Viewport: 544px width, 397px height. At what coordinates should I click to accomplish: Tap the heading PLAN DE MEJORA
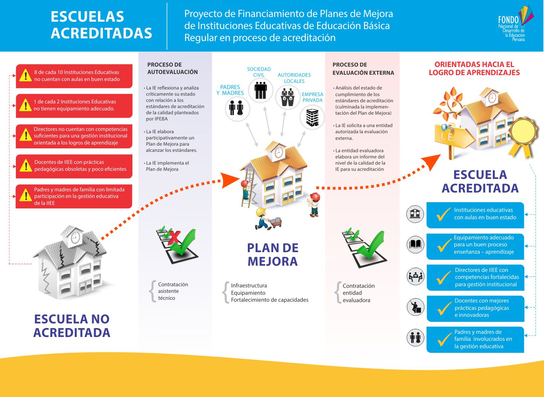click(x=273, y=254)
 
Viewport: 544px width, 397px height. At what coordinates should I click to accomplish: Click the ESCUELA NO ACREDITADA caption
click(x=72, y=326)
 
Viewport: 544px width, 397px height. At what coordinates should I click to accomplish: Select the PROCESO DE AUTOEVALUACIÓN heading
click(x=172, y=68)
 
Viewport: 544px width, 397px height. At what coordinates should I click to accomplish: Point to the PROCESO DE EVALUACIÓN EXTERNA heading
click(x=363, y=69)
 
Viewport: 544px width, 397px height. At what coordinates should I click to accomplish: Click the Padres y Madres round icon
click(x=237, y=108)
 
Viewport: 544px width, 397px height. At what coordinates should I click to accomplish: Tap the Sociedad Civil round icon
click(x=261, y=90)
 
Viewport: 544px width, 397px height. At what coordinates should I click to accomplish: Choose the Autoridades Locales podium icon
click(x=288, y=96)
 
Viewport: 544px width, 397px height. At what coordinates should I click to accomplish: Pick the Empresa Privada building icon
click(x=312, y=117)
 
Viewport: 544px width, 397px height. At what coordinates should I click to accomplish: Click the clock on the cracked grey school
click(x=76, y=237)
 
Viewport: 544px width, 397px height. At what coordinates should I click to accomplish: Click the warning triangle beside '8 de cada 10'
click(x=26, y=76)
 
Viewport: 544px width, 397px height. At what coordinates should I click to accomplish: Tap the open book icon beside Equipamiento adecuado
click(x=415, y=245)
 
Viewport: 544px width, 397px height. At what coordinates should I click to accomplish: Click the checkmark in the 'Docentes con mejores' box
click(x=444, y=308)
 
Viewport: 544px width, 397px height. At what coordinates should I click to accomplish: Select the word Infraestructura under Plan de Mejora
click(x=249, y=285)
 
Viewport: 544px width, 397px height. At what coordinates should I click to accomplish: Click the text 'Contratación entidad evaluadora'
click(x=358, y=293)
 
